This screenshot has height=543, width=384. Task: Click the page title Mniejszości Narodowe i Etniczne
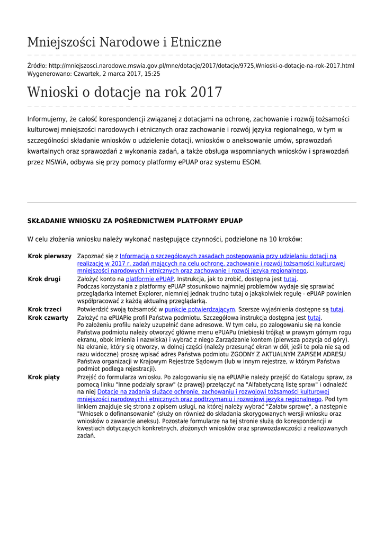click(124, 42)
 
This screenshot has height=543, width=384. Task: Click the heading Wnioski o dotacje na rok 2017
click(124, 92)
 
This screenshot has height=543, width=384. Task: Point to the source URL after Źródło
click(201, 66)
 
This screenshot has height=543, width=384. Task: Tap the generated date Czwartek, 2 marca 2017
click(103, 74)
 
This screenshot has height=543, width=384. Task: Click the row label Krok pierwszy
click(49, 256)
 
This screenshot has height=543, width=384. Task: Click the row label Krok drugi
click(44, 279)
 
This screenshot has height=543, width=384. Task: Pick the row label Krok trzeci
click(44, 309)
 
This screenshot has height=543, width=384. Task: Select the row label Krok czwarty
click(48, 318)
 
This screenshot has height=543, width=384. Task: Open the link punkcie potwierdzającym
click(200, 309)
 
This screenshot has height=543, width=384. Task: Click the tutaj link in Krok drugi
click(290, 279)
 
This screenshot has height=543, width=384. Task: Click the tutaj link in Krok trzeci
click(337, 309)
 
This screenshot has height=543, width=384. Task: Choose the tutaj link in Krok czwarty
click(314, 318)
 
